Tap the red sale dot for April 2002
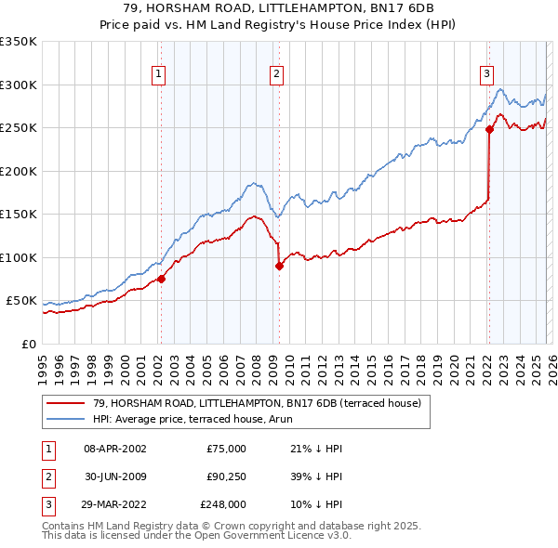click(161, 279)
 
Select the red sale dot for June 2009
click(279, 266)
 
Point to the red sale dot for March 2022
click(489, 130)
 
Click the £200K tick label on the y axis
click(19, 171)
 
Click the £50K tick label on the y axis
click(21, 301)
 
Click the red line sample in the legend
click(66, 403)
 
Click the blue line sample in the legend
click(66, 419)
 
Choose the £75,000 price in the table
click(227, 449)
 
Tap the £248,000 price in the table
click(224, 504)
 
